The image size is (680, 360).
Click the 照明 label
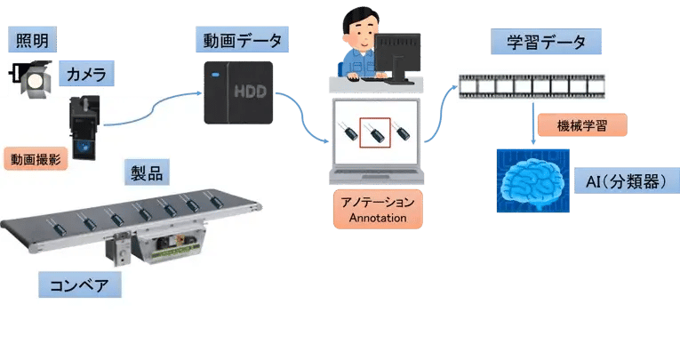tap(30, 39)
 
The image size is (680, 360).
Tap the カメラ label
tap(84, 75)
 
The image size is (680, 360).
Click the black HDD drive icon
tap(237, 93)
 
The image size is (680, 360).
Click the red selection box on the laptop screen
tap(374, 133)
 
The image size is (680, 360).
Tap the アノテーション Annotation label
tap(376, 209)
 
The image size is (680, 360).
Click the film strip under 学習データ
tap(532, 86)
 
